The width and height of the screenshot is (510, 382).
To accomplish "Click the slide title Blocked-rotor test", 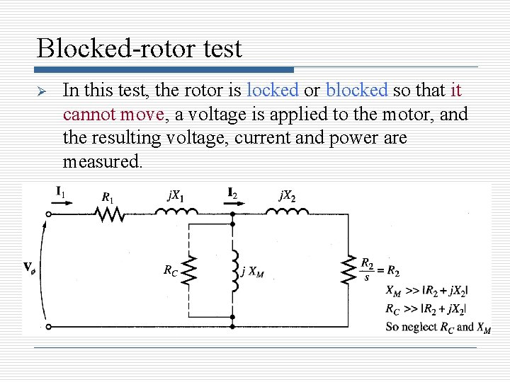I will pyautogui.click(x=139, y=48).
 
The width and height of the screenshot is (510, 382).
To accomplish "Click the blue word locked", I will pyautogui.click(x=273, y=91).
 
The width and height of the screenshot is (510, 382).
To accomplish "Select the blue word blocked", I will pyautogui.click(x=356, y=91).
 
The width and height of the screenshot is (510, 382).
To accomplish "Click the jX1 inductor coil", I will pyautogui.click(x=176, y=212).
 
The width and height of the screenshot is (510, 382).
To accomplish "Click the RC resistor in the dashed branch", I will pyautogui.click(x=189, y=270).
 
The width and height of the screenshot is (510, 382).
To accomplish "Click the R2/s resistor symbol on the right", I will pyautogui.click(x=346, y=269).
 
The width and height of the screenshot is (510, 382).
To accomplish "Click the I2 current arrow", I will pyautogui.click(x=232, y=202).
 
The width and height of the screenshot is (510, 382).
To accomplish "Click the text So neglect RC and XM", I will pyautogui.click(x=438, y=327).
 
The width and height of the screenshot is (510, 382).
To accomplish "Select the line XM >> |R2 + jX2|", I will pyautogui.click(x=426, y=290).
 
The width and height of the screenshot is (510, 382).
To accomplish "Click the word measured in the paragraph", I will pyautogui.click(x=102, y=162).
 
